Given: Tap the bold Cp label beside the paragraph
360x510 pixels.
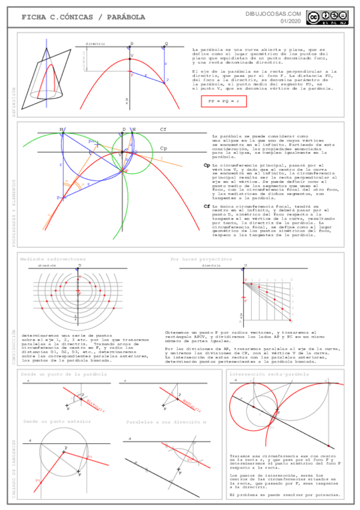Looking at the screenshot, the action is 207,165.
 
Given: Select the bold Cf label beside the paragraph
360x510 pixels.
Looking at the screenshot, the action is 207,206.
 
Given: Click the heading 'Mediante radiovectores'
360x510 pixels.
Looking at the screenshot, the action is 53,259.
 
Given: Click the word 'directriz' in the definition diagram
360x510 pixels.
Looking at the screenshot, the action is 95,44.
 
